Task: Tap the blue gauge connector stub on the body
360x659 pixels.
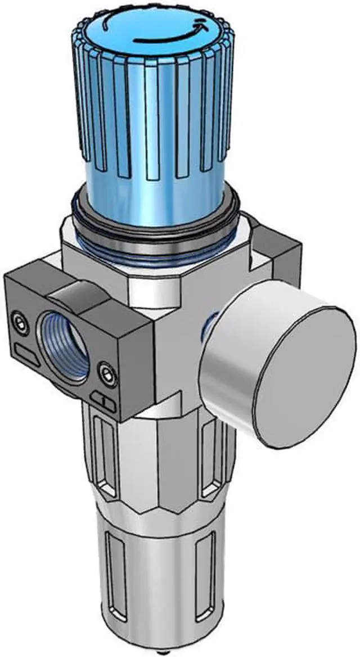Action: tap(209, 326)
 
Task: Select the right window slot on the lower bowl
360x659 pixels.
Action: tap(209, 568)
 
